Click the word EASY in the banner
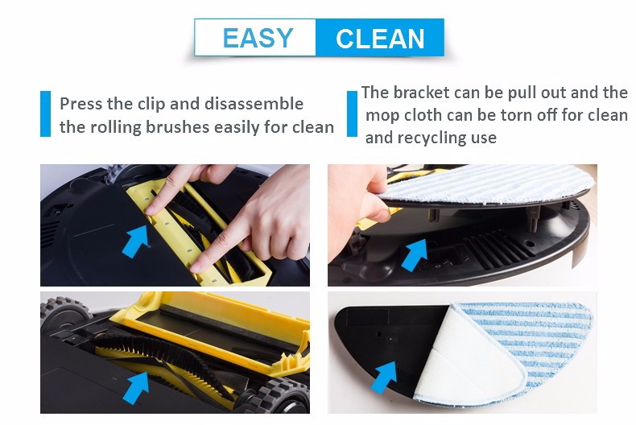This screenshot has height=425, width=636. coord(258,38)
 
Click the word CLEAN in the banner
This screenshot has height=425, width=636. coord(380,39)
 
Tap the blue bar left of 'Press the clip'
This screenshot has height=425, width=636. coord(45,114)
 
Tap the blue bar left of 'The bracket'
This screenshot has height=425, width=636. coord(352,114)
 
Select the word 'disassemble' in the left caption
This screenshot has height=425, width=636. coord(254,104)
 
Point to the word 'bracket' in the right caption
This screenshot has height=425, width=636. coord(421,93)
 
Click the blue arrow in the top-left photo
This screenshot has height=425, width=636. coord(136,241)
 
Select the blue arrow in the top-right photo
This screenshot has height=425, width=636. coord(415,254)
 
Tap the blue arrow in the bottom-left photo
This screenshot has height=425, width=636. coord(136,387)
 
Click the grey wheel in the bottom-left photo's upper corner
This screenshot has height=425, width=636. coord(64,312)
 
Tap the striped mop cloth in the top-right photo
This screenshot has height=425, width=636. coord(487,184)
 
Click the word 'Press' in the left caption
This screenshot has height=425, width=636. coord(81,104)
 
